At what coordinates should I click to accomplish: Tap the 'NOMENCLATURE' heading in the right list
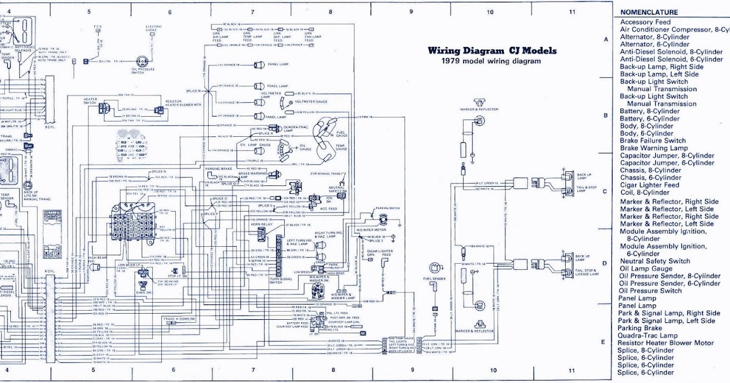point(649,12)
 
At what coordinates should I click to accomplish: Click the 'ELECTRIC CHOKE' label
point(153,29)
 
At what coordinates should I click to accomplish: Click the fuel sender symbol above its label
point(435,268)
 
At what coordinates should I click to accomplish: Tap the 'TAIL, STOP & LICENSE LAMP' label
point(586,272)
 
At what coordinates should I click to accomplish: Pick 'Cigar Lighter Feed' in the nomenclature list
point(649,185)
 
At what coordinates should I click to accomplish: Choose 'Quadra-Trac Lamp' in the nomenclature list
point(647,335)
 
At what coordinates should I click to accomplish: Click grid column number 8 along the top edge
point(330,12)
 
